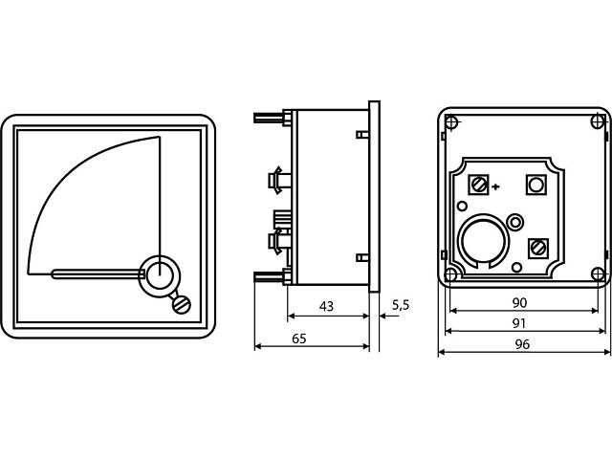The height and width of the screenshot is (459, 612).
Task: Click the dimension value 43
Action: click(x=326, y=306)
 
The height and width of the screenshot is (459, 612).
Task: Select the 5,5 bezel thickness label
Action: click(x=400, y=305)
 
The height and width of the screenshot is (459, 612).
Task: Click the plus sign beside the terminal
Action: click(x=495, y=186)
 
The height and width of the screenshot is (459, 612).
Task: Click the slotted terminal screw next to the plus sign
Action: click(x=480, y=184)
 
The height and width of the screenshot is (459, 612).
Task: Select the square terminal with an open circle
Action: click(x=537, y=184)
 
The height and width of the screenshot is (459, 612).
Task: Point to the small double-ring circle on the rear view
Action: click(x=516, y=222)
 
